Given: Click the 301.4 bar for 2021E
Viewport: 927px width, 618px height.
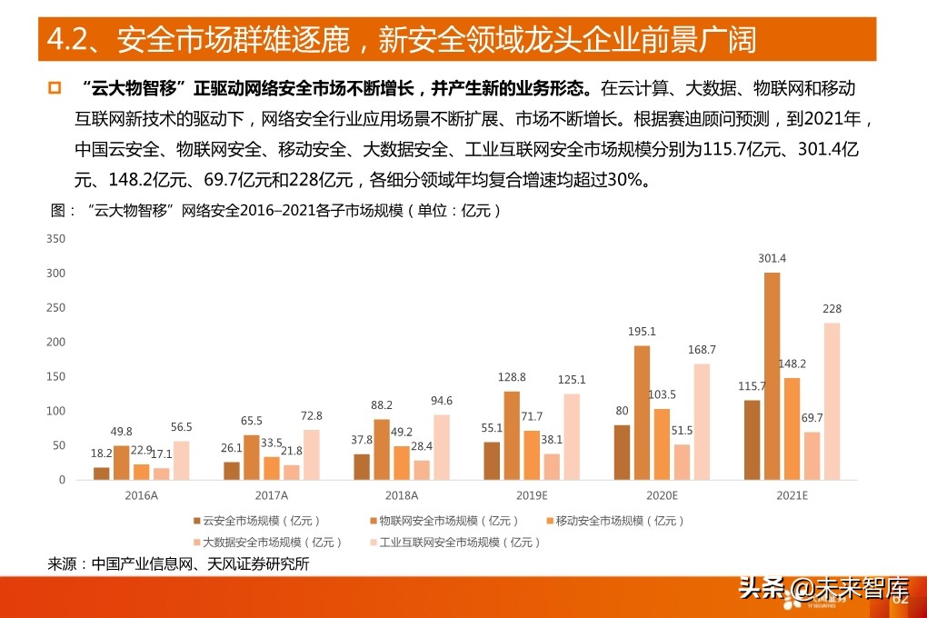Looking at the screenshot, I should (772, 376).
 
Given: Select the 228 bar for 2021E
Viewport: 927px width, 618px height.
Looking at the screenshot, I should (832, 401).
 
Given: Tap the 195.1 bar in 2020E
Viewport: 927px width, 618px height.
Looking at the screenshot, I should (642, 413).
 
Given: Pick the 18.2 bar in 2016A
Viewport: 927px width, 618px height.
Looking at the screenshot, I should (101, 473).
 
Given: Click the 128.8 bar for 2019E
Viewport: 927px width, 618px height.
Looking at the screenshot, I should (512, 435).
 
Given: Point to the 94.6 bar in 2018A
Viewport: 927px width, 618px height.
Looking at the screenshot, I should (442, 447).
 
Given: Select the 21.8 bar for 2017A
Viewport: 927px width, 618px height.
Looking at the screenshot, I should (291, 473).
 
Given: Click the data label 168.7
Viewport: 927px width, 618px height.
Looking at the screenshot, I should (702, 349).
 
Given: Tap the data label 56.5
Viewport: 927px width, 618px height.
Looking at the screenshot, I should (182, 426).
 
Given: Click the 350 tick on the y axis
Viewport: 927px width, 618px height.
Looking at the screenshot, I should (55, 239).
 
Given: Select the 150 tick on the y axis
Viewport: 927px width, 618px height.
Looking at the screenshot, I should (55, 376).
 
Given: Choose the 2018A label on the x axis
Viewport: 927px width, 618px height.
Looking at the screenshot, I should (402, 495).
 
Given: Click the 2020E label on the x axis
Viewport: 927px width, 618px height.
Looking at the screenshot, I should (662, 495).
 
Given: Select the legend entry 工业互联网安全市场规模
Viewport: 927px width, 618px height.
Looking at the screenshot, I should (459, 542).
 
